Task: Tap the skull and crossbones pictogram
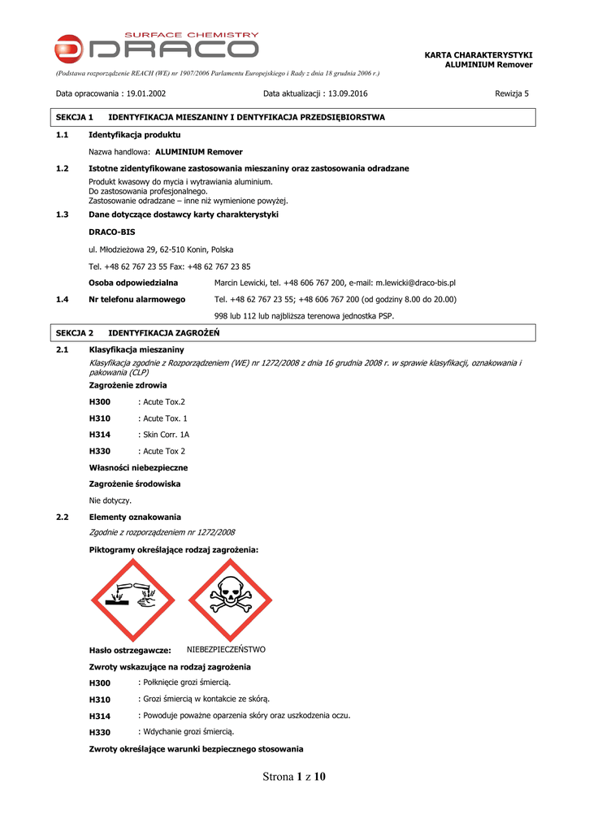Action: click(230, 599)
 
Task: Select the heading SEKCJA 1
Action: click(75, 118)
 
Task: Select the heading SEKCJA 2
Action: click(75, 333)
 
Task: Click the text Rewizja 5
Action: click(512, 93)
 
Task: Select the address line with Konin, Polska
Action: click(161, 249)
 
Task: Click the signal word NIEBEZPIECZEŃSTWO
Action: click(226, 650)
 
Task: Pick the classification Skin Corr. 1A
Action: click(166, 435)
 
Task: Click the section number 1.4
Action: click(62, 299)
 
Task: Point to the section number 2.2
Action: click(62, 517)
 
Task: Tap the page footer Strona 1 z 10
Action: click(294, 777)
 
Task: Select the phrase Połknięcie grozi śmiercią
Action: click(187, 682)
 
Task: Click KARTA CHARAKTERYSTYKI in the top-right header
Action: click(479, 54)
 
